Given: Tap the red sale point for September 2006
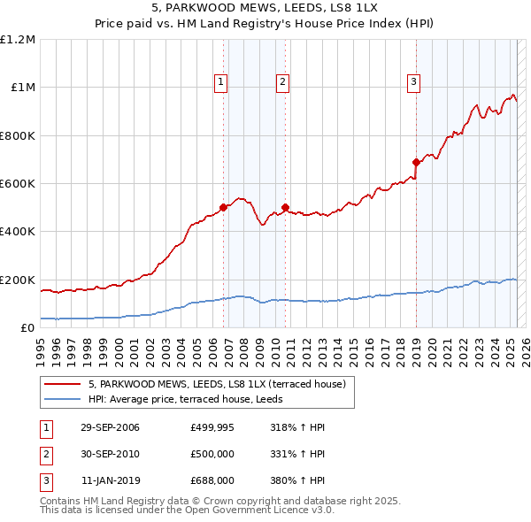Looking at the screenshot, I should click(223, 207).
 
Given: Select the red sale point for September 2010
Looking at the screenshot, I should click(285, 207).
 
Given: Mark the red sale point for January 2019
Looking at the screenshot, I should click(415, 162).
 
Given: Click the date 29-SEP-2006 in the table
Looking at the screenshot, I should click(110, 427).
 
